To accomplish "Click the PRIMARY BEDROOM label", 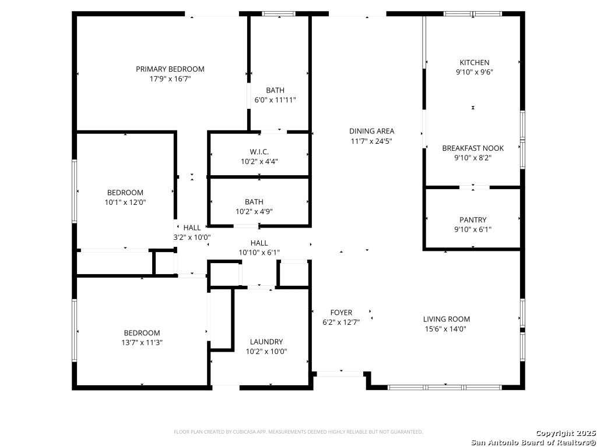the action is [x=170, y=69].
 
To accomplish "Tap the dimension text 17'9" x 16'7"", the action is [x=170, y=79].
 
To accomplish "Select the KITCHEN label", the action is [x=475, y=62].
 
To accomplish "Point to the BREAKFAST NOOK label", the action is [x=473, y=148].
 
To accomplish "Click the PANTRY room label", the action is [x=473, y=219].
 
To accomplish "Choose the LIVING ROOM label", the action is [x=447, y=319].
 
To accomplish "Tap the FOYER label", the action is [x=341, y=313].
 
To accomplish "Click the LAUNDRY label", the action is [x=266, y=342].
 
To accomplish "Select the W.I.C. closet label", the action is [x=259, y=152].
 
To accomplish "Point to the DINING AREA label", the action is [x=371, y=131].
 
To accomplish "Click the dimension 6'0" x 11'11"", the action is [x=275, y=100].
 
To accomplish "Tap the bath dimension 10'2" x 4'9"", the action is [x=254, y=211].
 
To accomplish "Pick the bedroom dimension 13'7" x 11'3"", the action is [x=142, y=342].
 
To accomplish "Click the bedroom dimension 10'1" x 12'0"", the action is [x=125, y=202].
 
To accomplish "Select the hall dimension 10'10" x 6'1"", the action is [x=259, y=253].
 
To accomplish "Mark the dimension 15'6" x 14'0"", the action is [x=445, y=329].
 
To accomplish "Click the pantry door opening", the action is [x=475, y=187].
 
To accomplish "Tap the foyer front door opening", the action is [x=340, y=374].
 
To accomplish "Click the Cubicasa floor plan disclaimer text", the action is [x=298, y=432].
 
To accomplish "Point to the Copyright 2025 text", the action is [x=566, y=433].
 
